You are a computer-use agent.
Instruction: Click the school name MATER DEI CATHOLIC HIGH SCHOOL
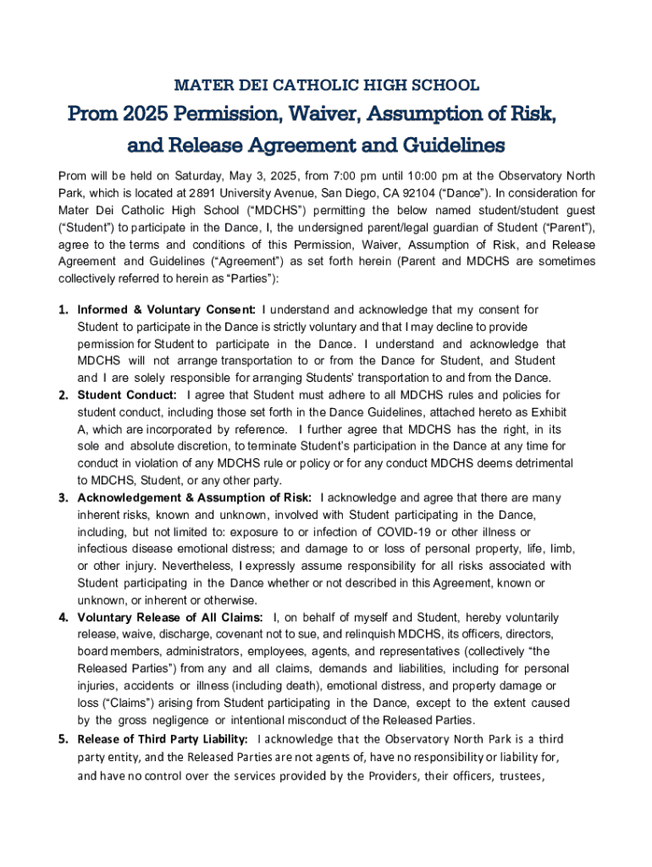[326, 85]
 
